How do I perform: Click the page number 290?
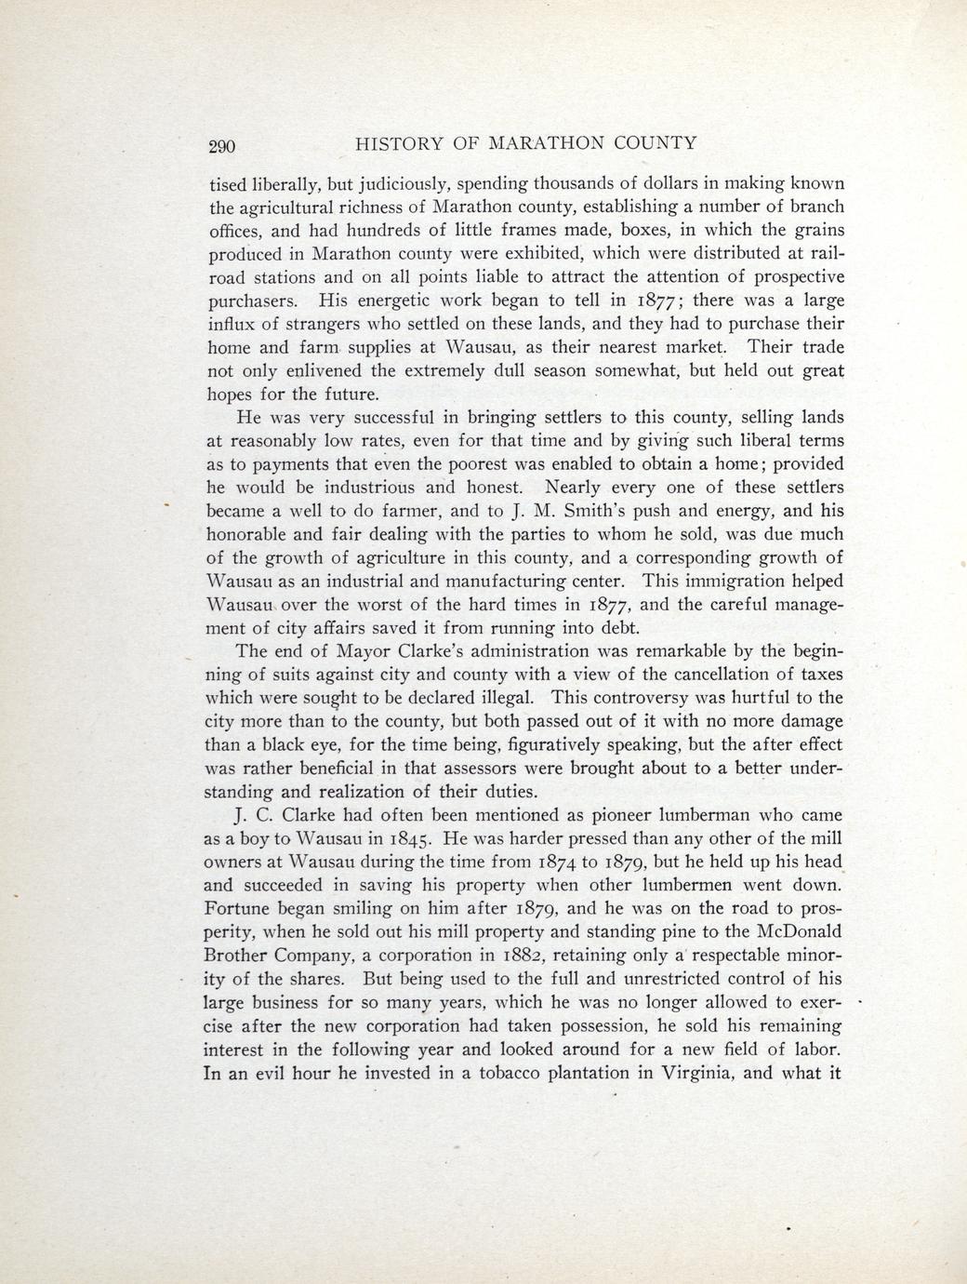coord(223,145)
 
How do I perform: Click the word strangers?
coord(336,324)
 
